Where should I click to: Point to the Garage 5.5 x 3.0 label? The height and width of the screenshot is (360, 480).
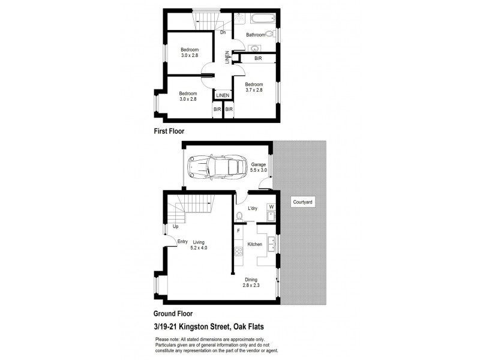tap(259, 167)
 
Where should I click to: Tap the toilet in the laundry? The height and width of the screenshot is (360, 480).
tap(239, 216)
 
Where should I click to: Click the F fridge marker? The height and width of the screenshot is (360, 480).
tap(238, 230)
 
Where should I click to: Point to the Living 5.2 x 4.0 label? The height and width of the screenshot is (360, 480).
tap(199, 244)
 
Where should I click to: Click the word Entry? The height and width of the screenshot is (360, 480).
tap(182, 242)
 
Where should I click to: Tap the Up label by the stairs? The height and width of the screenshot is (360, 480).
tap(175, 227)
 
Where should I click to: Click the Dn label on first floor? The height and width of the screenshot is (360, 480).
tap(223, 32)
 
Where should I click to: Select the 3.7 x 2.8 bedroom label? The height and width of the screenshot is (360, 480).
tap(254, 88)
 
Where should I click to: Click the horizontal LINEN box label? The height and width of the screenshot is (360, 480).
tap(223, 95)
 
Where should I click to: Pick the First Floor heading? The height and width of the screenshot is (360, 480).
tap(169, 130)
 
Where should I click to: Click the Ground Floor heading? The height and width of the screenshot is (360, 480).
tap(173, 313)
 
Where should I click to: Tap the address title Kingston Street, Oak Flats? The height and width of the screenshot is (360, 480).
tap(209, 326)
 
